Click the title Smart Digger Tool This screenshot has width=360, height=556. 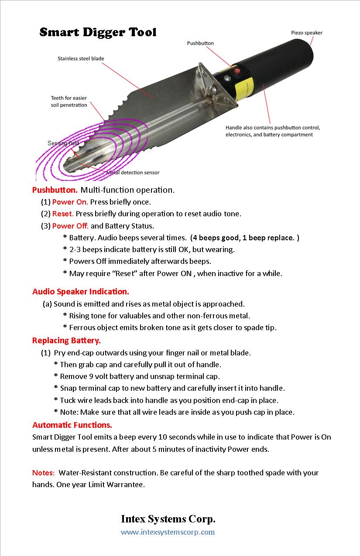pyautogui.click(x=98, y=32)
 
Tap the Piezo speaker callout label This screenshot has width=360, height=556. pyautogui.click(x=307, y=33)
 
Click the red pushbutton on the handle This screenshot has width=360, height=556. pyautogui.click(x=237, y=71)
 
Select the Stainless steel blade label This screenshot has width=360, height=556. pyautogui.click(x=81, y=58)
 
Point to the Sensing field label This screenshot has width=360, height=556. pyautogui.click(x=63, y=143)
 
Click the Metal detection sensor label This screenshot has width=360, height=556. pyautogui.click(x=133, y=172)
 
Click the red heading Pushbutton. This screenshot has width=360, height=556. pyautogui.click(x=55, y=190)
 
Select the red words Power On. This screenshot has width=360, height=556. pyautogui.click(x=70, y=202)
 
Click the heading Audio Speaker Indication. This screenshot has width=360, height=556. pyautogui.click(x=81, y=291)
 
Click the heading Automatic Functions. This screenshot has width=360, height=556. pyautogui.click(x=72, y=425)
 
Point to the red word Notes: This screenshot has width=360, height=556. pyautogui.click(x=44, y=473)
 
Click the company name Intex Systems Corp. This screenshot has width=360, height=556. pyautogui.click(x=168, y=519)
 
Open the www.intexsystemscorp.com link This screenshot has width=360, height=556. pyautogui.click(x=168, y=532)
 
